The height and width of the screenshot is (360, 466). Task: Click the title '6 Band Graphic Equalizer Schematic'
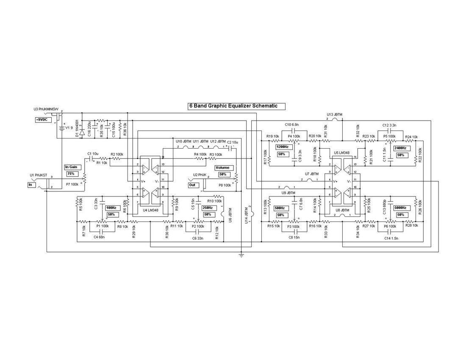tap(236, 106)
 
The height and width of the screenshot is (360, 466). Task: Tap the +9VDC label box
tap(43, 120)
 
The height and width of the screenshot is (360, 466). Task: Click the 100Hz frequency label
tap(111, 208)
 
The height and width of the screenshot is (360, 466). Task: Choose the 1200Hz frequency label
tap(283, 147)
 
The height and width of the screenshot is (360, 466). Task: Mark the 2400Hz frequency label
tap(400, 148)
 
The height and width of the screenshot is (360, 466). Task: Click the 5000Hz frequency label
tap(400, 208)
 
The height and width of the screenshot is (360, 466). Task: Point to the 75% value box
tap(71, 174)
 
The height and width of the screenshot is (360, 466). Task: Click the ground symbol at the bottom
tap(241, 255)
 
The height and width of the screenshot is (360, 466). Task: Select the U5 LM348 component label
tap(342, 152)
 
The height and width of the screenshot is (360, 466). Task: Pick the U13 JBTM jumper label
tap(335, 115)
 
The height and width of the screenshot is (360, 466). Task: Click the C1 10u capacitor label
tap(93, 154)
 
